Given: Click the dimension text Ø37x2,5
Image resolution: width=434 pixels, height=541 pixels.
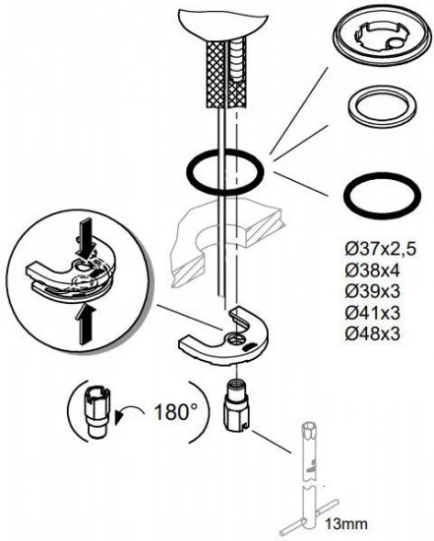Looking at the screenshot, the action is [381, 249].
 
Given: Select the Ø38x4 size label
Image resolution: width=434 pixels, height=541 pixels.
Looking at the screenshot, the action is [372, 270].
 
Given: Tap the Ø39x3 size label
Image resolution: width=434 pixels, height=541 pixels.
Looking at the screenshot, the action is [372, 291].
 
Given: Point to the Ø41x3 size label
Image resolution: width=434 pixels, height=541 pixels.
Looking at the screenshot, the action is [372, 313].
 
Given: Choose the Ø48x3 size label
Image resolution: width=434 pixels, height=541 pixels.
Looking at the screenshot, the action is [372, 333].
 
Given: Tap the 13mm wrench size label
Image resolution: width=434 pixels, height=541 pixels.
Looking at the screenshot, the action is [345, 524].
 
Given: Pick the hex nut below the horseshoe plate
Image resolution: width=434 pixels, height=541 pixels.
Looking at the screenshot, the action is [237, 404].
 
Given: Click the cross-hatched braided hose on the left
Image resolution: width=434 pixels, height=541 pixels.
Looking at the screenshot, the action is [216, 75].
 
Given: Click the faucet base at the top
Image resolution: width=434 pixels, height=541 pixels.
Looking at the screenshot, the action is [223, 25].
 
